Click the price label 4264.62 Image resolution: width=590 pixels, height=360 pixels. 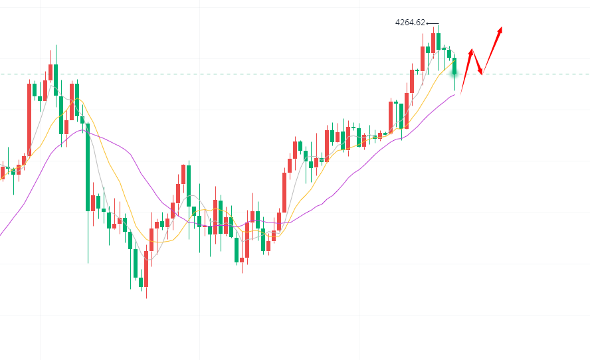(409, 23)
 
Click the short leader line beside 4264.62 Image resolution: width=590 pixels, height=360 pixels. (433, 24)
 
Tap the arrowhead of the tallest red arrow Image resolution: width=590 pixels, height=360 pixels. (500, 29)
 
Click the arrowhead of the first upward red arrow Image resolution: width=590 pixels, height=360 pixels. (471, 50)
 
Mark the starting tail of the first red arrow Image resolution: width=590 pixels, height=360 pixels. (460, 94)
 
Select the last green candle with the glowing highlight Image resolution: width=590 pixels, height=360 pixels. (455, 66)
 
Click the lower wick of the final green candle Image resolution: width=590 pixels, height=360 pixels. (455, 83)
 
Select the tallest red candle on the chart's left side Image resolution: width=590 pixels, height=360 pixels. (29, 120)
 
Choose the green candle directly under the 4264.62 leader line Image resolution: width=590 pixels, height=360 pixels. (439, 41)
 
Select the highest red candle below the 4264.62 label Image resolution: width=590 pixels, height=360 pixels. (433, 43)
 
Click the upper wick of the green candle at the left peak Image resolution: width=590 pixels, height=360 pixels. (56, 54)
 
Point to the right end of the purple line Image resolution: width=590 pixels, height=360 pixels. (455, 95)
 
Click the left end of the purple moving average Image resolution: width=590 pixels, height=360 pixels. (1, 234)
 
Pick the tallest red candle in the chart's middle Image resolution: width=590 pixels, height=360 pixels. (284, 193)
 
